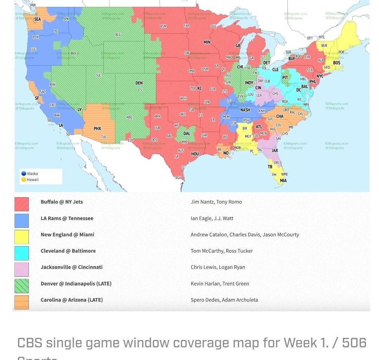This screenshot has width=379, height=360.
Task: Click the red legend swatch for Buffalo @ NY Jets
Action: (21, 204)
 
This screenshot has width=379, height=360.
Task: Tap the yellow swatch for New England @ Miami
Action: (21, 237)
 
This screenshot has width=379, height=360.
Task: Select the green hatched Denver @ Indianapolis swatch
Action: (21, 286)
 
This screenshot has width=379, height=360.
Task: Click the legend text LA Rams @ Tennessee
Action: (67, 218)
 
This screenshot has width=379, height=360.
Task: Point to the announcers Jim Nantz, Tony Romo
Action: (216, 202)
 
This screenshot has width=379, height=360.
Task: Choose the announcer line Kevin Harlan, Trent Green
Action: (220, 284)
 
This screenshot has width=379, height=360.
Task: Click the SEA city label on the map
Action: (37, 19)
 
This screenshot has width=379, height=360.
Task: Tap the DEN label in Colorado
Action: (139, 83)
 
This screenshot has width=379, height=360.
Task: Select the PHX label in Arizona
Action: (97, 129)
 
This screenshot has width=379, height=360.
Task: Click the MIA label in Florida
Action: (283, 181)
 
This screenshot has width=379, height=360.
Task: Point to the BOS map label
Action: (336, 63)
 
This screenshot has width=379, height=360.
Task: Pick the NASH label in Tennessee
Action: (245, 110)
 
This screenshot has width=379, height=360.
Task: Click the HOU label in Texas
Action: (195, 154)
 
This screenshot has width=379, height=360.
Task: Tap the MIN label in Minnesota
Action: (207, 42)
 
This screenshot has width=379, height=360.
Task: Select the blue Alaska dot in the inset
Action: (24, 174)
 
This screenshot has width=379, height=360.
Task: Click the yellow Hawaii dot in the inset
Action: (24, 180)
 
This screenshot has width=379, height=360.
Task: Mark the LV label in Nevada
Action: (80, 109)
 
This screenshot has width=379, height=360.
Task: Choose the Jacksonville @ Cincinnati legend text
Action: (72, 267)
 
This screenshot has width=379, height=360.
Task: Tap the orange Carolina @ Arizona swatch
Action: (21, 302)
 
